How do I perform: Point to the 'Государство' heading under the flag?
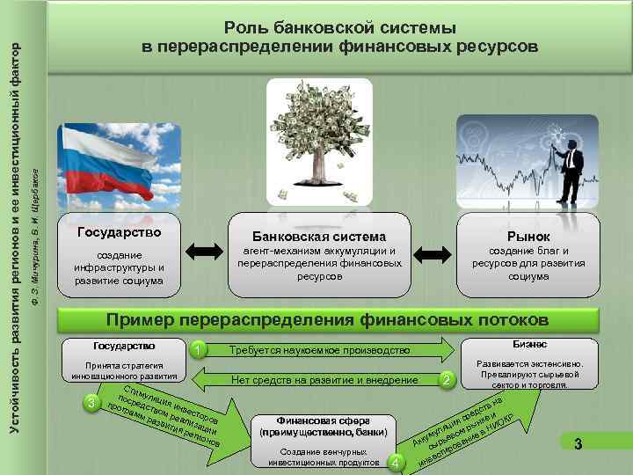click(x=120, y=233)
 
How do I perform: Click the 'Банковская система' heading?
click(x=319, y=237)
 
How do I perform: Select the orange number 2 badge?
click(x=447, y=379)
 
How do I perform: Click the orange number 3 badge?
click(x=91, y=403)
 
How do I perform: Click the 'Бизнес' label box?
click(x=528, y=345)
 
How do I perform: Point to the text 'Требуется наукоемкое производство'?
click(x=319, y=350)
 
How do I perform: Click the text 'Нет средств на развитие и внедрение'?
click(x=324, y=380)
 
